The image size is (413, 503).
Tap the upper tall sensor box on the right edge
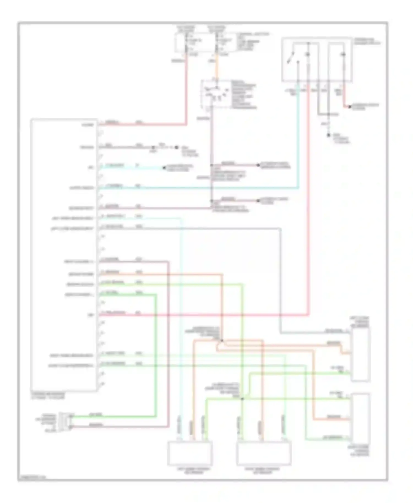(x=360, y=355)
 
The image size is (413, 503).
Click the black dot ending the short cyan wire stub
(x=164, y=168)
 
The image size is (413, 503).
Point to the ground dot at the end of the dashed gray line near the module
(x=177, y=147)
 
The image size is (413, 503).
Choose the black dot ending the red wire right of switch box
(x=350, y=107)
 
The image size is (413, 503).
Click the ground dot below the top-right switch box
(x=328, y=135)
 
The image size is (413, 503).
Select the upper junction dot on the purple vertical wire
(x=212, y=165)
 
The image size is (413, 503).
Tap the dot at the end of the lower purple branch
(x=258, y=201)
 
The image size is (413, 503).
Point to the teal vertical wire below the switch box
(x=298, y=138)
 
